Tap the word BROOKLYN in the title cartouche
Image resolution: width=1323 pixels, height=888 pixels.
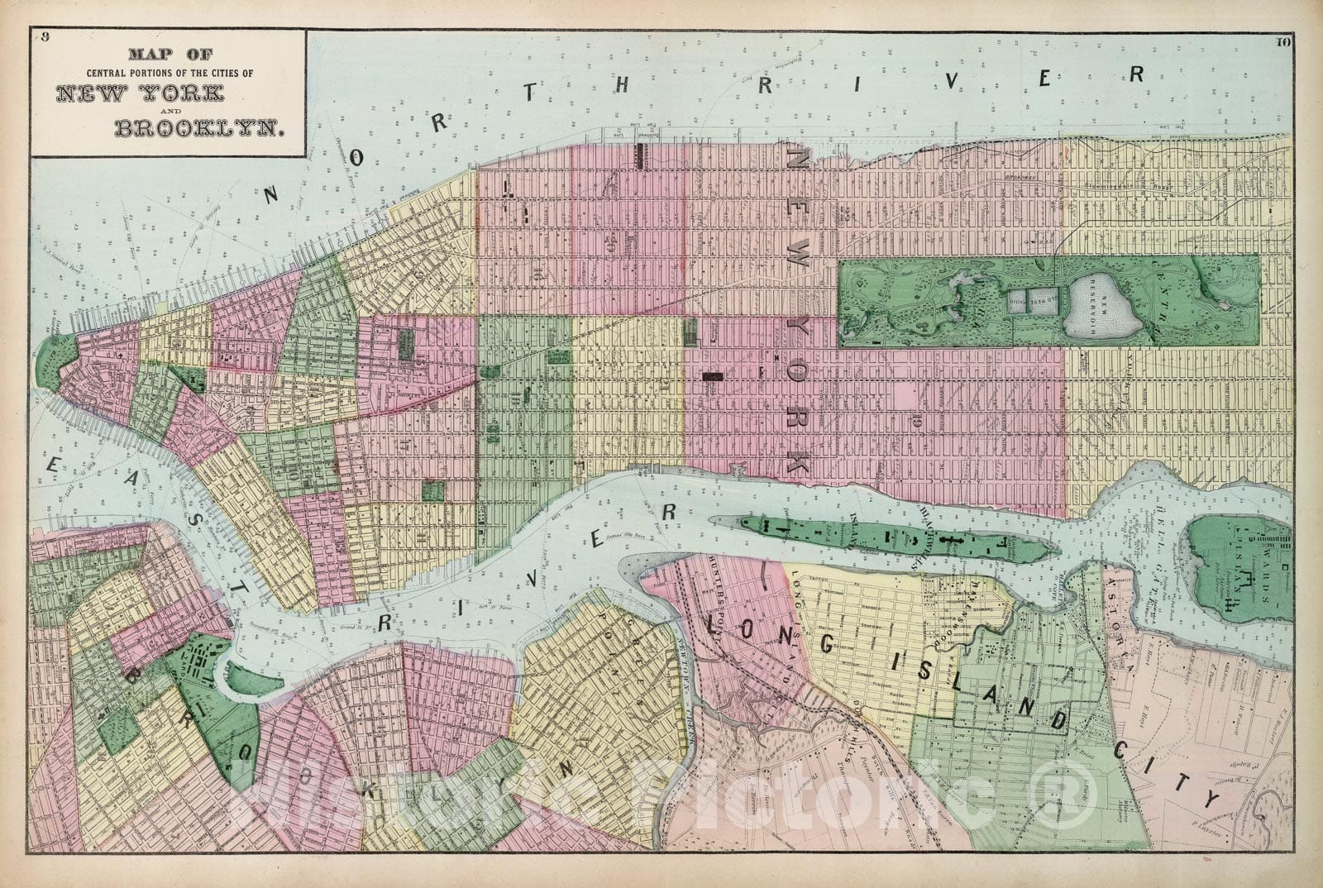tap(198, 128)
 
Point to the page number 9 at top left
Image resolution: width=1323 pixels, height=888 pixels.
tap(46, 36)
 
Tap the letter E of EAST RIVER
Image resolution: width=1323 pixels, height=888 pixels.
tap(51, 469)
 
